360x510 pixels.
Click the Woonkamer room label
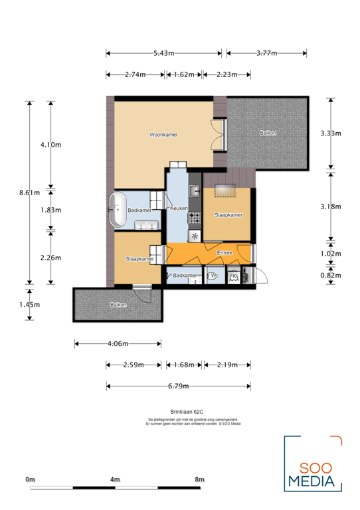point(163,135)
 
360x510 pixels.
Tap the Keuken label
point(179,209)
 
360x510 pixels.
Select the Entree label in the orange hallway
point(225,253)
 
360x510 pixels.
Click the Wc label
point(215,276)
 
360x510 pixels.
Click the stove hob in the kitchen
point(195,216)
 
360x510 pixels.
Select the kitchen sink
point(195,192)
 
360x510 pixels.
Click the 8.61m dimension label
point(28,193)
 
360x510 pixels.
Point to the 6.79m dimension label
point(178,386)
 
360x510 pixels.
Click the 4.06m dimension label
point(117,344)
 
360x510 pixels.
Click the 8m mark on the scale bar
point(200,479)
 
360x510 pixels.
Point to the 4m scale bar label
point(115,479)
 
